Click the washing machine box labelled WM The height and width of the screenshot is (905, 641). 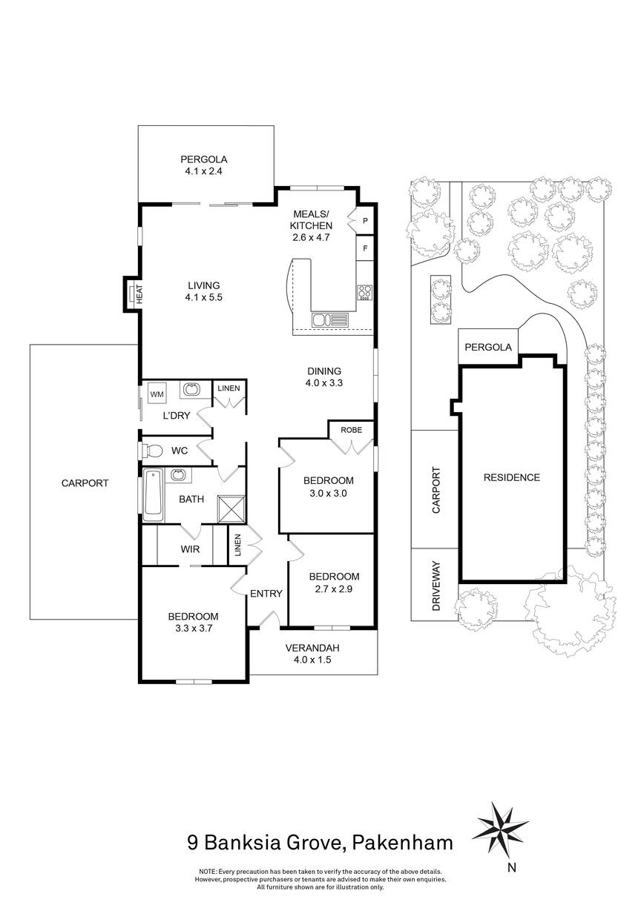[157, 394]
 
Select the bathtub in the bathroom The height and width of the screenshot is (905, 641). [153, 495]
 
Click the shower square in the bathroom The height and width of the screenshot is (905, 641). [231, 508]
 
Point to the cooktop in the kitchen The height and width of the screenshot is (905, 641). [364, 293]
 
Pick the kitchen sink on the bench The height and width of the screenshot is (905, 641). [329, 320]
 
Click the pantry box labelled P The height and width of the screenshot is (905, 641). [365, 221]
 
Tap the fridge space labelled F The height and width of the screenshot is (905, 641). [365, 248]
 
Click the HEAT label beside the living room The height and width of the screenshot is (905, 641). [140, 294]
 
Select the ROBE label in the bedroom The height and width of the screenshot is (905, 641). [351, 430]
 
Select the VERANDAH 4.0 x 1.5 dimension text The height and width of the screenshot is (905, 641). [312, 660]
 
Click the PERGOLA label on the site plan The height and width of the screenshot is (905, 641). [488, 347]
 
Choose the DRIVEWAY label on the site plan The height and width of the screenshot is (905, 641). [436, 586]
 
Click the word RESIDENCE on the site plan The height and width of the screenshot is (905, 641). [512, 477]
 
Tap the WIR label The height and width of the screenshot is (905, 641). [190, 549]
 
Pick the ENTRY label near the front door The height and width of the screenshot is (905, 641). [266, 593]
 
